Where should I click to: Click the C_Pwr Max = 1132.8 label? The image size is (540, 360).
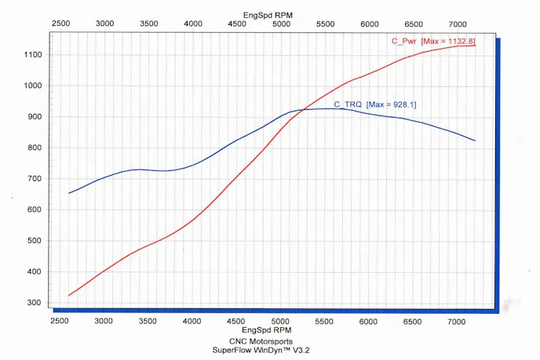(x=433, y=40)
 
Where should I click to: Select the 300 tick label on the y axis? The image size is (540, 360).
(x=34, y=303)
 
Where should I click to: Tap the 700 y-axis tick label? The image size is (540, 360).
(x=34, y=179)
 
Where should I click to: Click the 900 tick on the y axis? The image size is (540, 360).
(x=34, y=117)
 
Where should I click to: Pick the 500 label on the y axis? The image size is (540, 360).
(x=34, y=241)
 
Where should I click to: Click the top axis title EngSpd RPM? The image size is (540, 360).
(x=267, y=15)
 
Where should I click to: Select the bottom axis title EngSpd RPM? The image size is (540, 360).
(x=267, y=332)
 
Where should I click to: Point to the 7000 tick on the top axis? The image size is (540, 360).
(x=457, y=24)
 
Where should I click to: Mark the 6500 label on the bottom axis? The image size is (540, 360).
(x=413, y=322)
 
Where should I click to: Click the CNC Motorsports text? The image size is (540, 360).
(x=267, y=341)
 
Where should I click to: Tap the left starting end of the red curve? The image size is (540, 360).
(x=69, y=296)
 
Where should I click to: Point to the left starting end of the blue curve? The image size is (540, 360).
(x=69, y=193)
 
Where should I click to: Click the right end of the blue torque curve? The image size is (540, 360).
(x=476, y=140)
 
